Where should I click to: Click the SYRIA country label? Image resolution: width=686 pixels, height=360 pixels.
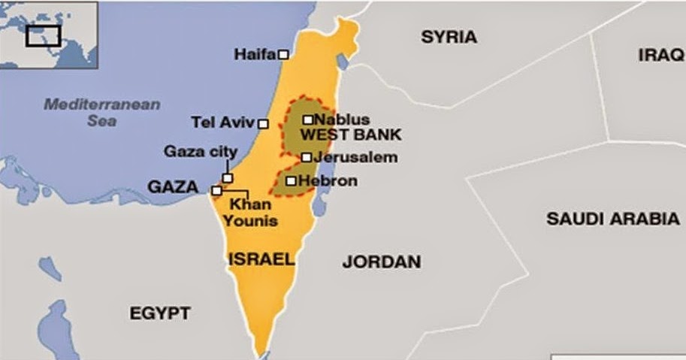[449, 37]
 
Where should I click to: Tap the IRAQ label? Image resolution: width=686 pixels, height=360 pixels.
[661, 55]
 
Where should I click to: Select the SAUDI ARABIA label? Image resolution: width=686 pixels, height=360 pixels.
[612, 219]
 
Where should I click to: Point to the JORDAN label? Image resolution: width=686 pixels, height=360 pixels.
[381, 262]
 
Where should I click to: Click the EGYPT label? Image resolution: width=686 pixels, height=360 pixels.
[160, 313]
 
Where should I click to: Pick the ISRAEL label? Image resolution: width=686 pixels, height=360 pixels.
[260, 259]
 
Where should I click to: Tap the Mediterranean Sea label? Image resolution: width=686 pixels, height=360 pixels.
[101, 112]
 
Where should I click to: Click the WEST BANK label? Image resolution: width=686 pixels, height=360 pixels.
[350, 135]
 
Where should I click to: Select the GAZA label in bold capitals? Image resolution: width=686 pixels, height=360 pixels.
[173, 187]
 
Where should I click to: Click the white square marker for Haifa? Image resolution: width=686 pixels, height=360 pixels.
[283, 54]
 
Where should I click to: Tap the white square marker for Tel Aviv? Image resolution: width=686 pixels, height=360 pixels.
[263, 124]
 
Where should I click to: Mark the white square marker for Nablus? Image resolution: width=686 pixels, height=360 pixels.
[308, 119]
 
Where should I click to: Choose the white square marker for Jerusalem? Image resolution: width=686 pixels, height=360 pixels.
[307, 157]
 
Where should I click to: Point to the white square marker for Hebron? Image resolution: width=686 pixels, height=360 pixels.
[291, 180]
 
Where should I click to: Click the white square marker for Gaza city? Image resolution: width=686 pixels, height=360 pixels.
[228, 178]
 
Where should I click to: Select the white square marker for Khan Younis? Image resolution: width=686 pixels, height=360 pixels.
[216, 191]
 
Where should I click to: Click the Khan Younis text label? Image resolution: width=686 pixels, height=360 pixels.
[253, 212]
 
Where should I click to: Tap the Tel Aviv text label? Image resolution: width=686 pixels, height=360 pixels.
[223, 123]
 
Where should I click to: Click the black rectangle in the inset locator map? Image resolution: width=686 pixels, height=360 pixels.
[43, 35]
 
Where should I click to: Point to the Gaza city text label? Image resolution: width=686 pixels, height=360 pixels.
[201, 152]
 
